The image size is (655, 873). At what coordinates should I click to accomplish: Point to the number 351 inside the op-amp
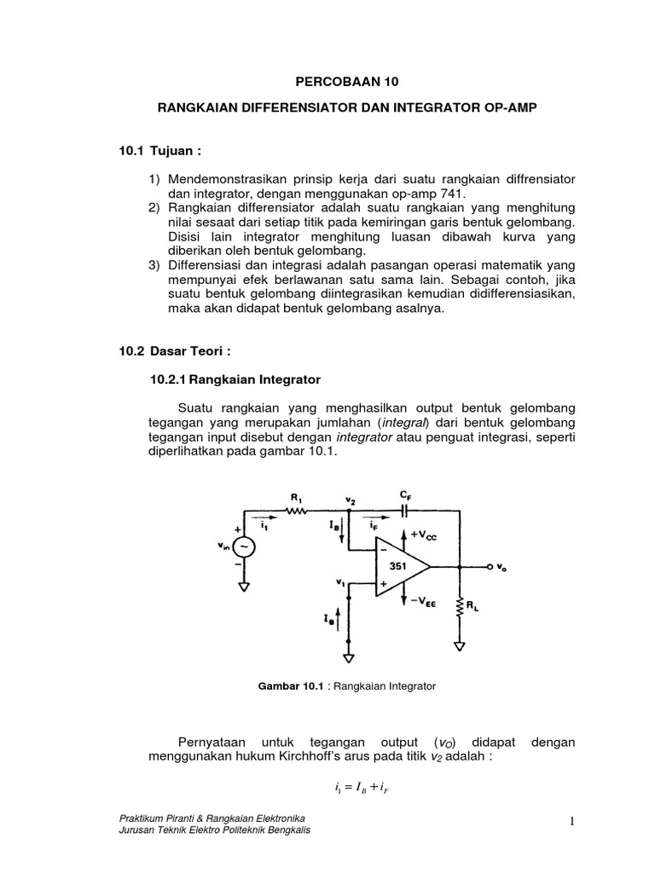pyautogui.click(x=398, y=566)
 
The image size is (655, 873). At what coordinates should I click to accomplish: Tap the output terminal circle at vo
pyautogui.click(x=490, y=566)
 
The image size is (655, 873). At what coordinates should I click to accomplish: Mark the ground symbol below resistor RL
pyautogui.click(x=461, y=645)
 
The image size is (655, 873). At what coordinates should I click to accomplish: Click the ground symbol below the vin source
pyautogui.click(x=244, y=587)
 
